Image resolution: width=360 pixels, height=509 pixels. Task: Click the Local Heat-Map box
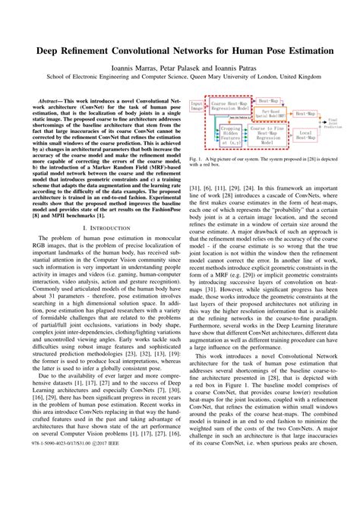tap(305, 134)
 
